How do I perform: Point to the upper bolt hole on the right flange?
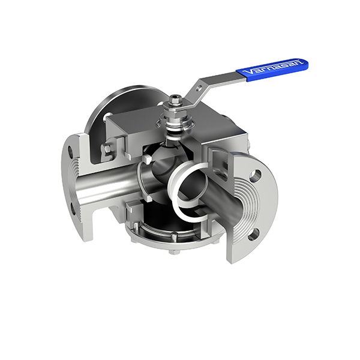pyautogui.click(x=255, y=176)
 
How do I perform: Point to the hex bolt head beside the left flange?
pyautogui.click(x=107, y=148)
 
